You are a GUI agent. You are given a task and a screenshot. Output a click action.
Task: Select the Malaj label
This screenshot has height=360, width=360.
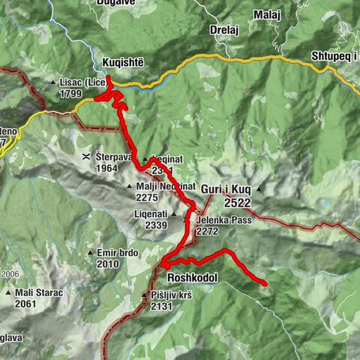[x=266, y=35]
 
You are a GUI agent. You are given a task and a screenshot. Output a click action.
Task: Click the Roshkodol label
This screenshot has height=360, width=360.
[x=193, y=277]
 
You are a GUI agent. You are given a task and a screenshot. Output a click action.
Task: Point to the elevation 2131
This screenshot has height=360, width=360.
[x=161, y=306]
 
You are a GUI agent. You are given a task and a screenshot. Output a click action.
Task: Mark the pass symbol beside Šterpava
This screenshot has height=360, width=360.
[x=86, y=157]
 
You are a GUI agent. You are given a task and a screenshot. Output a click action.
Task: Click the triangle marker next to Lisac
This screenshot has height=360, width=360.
[x=52, y=82]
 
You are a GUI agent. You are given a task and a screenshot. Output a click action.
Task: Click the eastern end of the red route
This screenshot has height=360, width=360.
[x=265, y=283]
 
